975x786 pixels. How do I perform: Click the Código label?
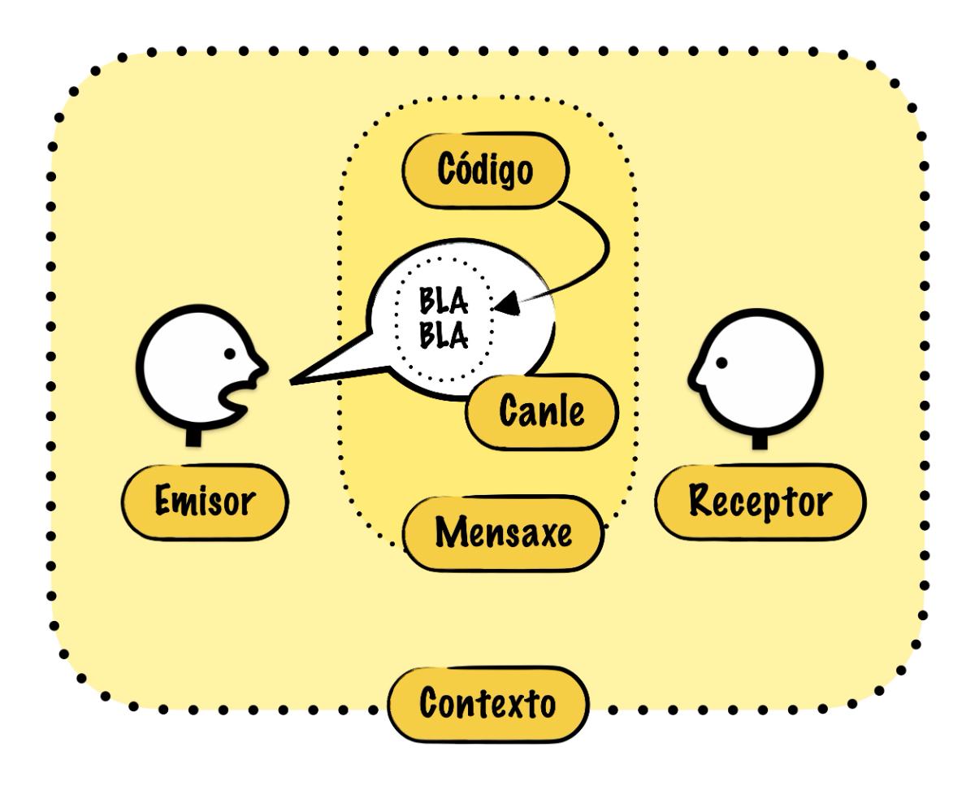point(486,171)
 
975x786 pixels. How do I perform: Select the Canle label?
point(542,411)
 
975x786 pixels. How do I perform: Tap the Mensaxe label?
point(504,533)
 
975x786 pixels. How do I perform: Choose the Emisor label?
point(205,502)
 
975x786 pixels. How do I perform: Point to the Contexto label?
point(487,703)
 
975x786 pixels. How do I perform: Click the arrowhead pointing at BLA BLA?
point(505,304)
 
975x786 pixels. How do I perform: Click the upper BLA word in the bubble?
point(444,302)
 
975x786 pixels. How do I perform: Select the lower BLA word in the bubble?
point(444,335)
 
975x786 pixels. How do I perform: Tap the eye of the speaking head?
point(230,354)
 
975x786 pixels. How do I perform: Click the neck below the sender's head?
point(193,436)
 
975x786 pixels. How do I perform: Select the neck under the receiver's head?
point(760,441)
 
